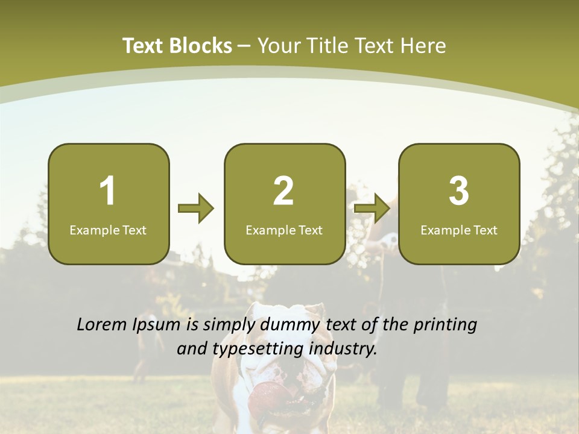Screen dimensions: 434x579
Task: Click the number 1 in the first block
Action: pos(108,191)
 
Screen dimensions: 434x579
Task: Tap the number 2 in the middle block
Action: pos(283,191)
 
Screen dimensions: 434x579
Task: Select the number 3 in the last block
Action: pos(459,191)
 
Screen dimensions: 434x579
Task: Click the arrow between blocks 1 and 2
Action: pos(196,209)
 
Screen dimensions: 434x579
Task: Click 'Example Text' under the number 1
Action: pos(108,230)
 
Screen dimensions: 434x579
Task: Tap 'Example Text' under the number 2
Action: pos(284,230)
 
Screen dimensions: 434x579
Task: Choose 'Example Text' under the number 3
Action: pos(459,230)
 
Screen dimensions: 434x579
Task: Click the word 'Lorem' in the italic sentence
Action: pos(102,325)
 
